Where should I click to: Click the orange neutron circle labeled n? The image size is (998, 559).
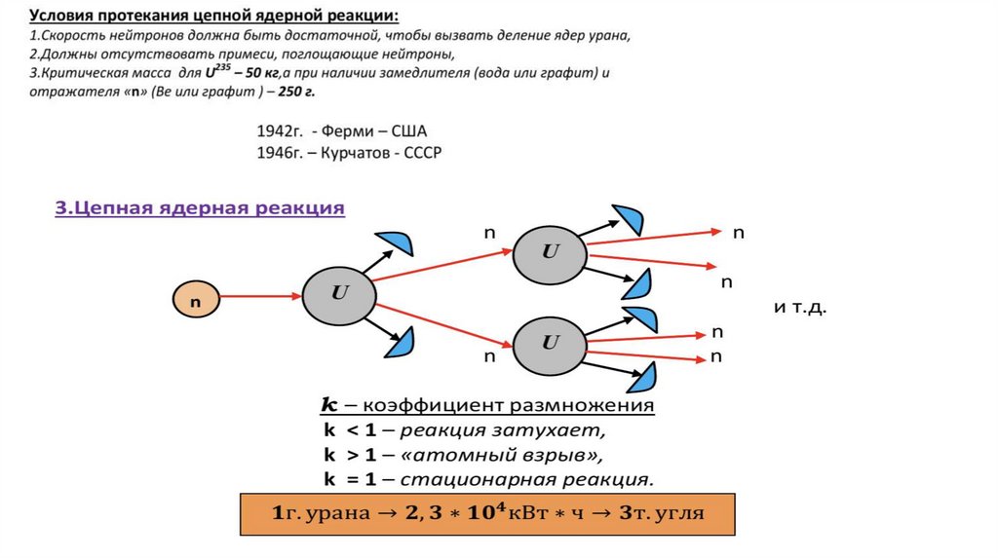click(196, 301)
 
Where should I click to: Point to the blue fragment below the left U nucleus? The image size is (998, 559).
click(402, 342)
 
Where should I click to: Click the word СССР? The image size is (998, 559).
click(421, 153)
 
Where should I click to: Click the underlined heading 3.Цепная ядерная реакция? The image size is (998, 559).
click(200, 207)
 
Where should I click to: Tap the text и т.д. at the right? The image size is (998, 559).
click(800, 307)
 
